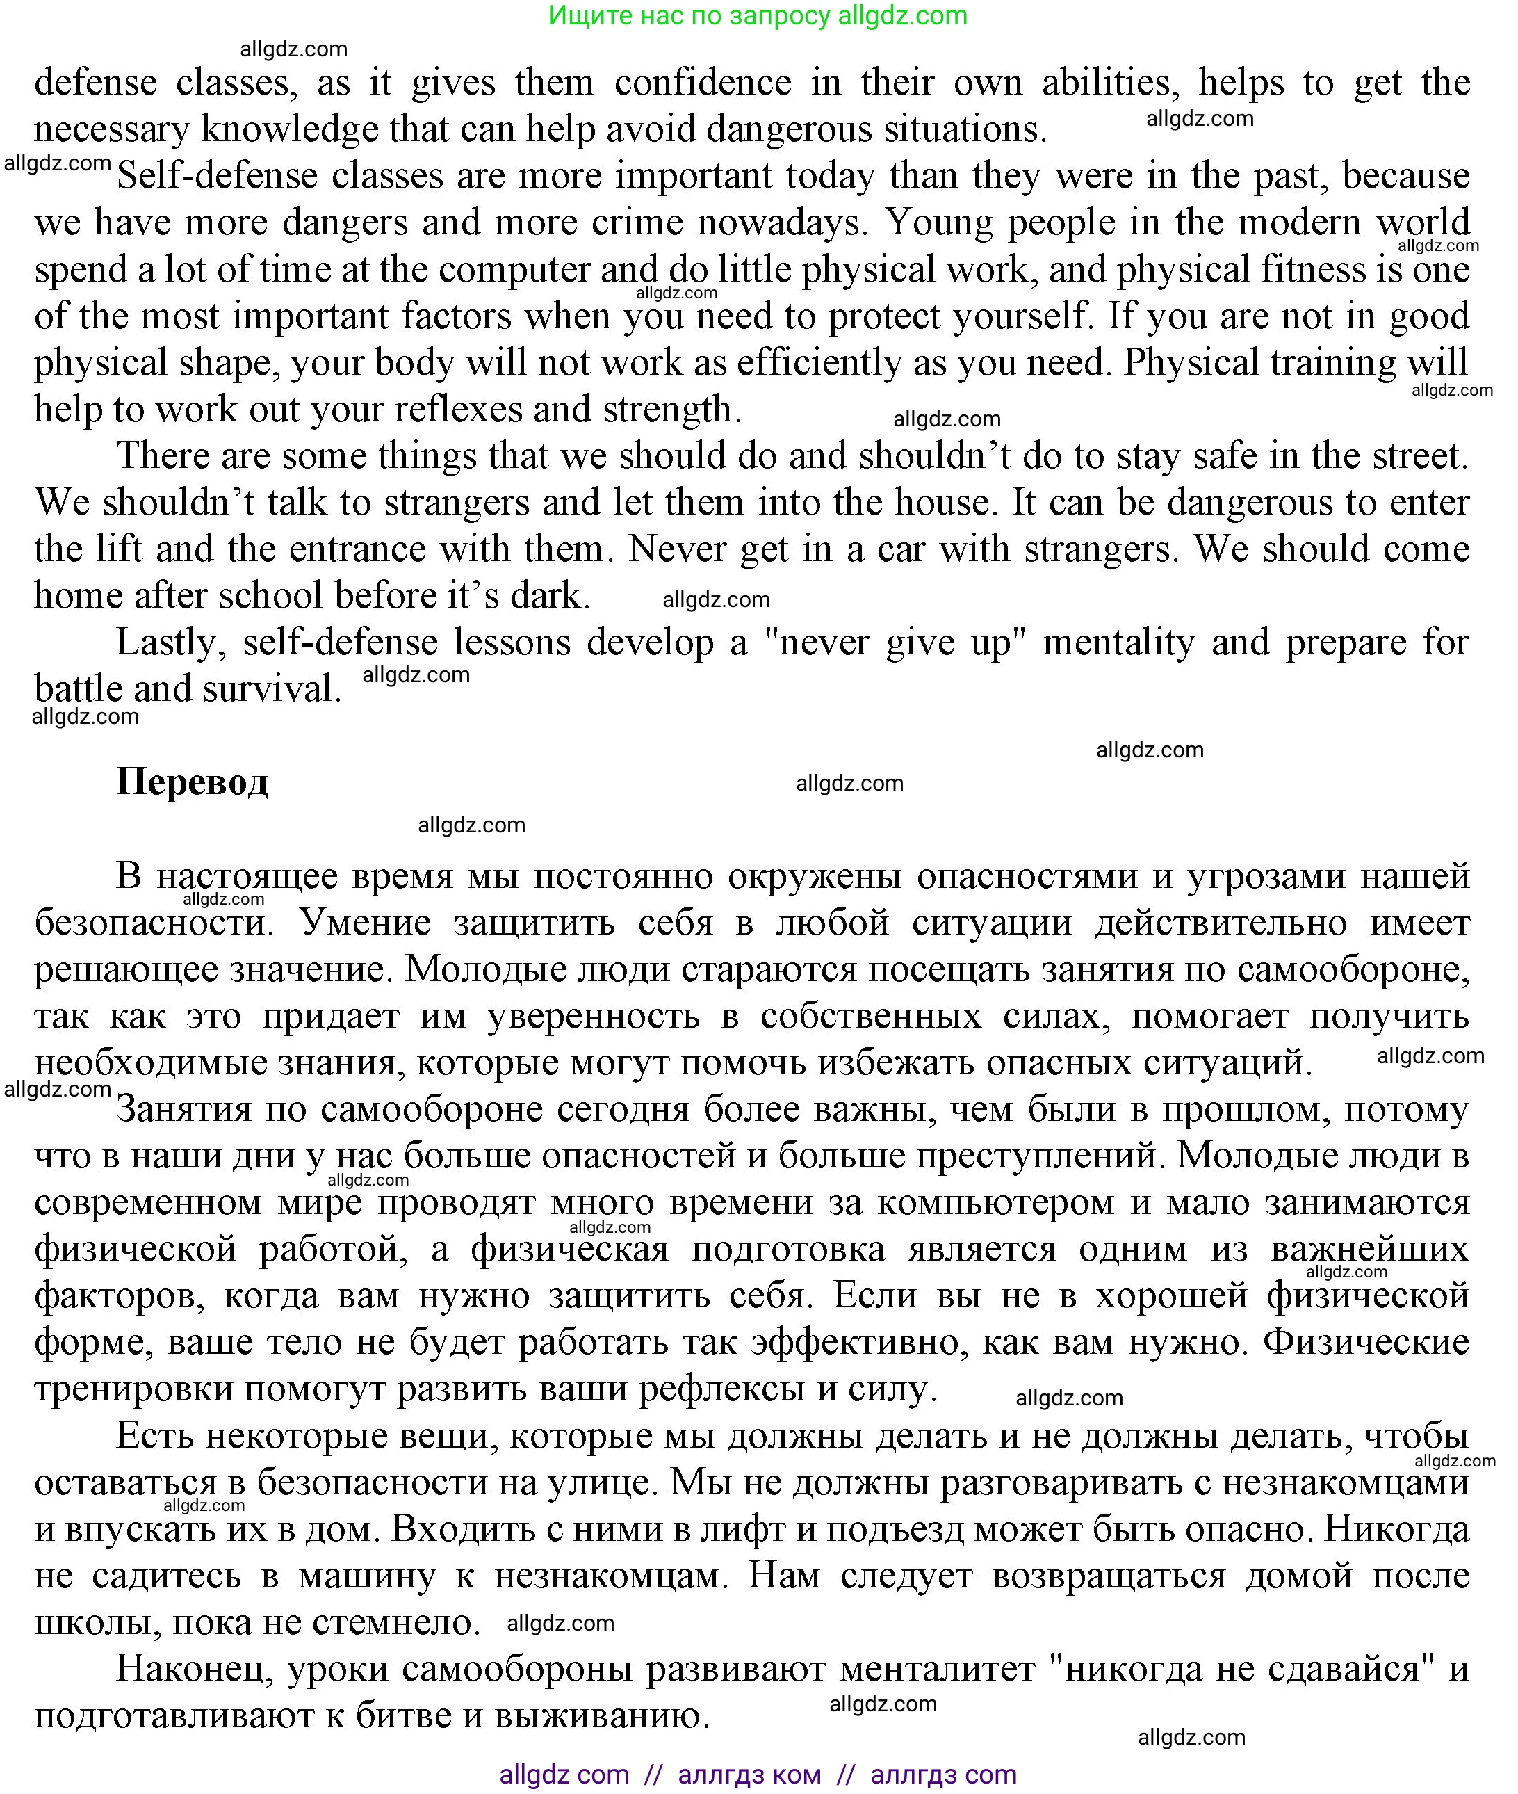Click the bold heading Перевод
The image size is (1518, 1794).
[x=192, y=782]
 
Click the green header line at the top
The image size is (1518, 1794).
[x=758, y=15]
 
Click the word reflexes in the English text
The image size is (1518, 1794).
[x=437, y=410]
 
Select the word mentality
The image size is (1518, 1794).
[x=1118, y=643]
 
